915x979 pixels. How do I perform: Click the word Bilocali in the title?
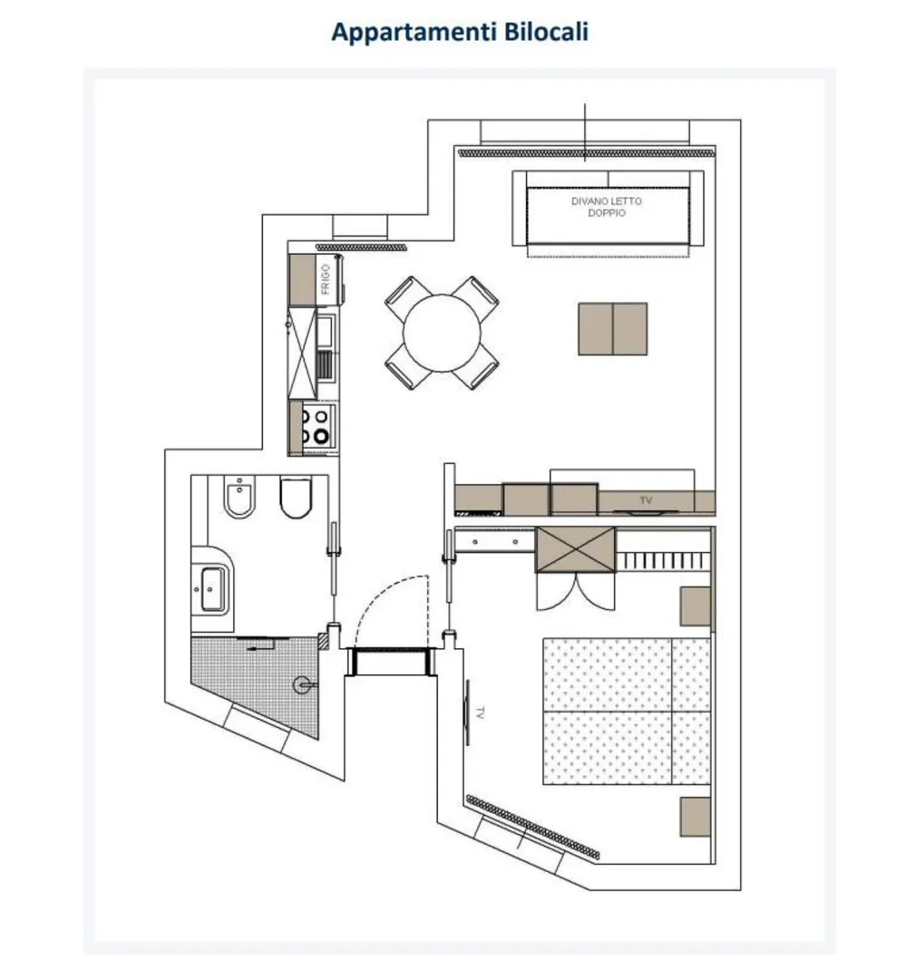pyautogui.click(x=545, y=31)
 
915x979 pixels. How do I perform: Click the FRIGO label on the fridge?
pyautogui.click(x=326, y=279)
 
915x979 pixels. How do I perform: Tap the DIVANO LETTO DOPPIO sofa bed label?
pyautogui.click(x=607, y=207)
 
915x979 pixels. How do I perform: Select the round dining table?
pyautogui.click(x=442, y=334)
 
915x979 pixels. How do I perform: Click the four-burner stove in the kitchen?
pyautogui.click(x=316, y=427)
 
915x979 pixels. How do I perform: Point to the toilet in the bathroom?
pyautogui.click(x=296, y=498)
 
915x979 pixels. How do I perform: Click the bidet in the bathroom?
pyautogui.click(x=239, y=497)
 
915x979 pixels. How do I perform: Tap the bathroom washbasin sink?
pyautogui.click(x=212, y=589)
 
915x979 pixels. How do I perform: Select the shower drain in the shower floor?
pyautogui.click(x=302, y=685)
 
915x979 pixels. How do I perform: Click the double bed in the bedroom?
pyautogui.click(x=627, y=711)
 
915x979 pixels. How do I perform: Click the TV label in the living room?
pyautogui.click(x=646, y=500)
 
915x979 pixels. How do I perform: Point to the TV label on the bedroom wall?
pyautogui.click(x=480, y=712)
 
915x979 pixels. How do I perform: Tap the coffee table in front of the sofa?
pyautogui.click(x=612, y=329)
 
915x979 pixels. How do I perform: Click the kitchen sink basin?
pyautogui.click(x=325, y=332)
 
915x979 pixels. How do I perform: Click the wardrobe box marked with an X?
pyautogui.click(x=575, y=549)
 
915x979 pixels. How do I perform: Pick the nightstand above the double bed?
pyautogui.click(x=696, y=606)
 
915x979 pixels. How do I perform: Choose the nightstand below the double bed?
pyautogui.click(x=696, y=816)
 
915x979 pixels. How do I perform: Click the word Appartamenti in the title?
pyautogui.click(x=414, y=33)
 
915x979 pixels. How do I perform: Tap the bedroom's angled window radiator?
pyautogui.click(x=532, y=828)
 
